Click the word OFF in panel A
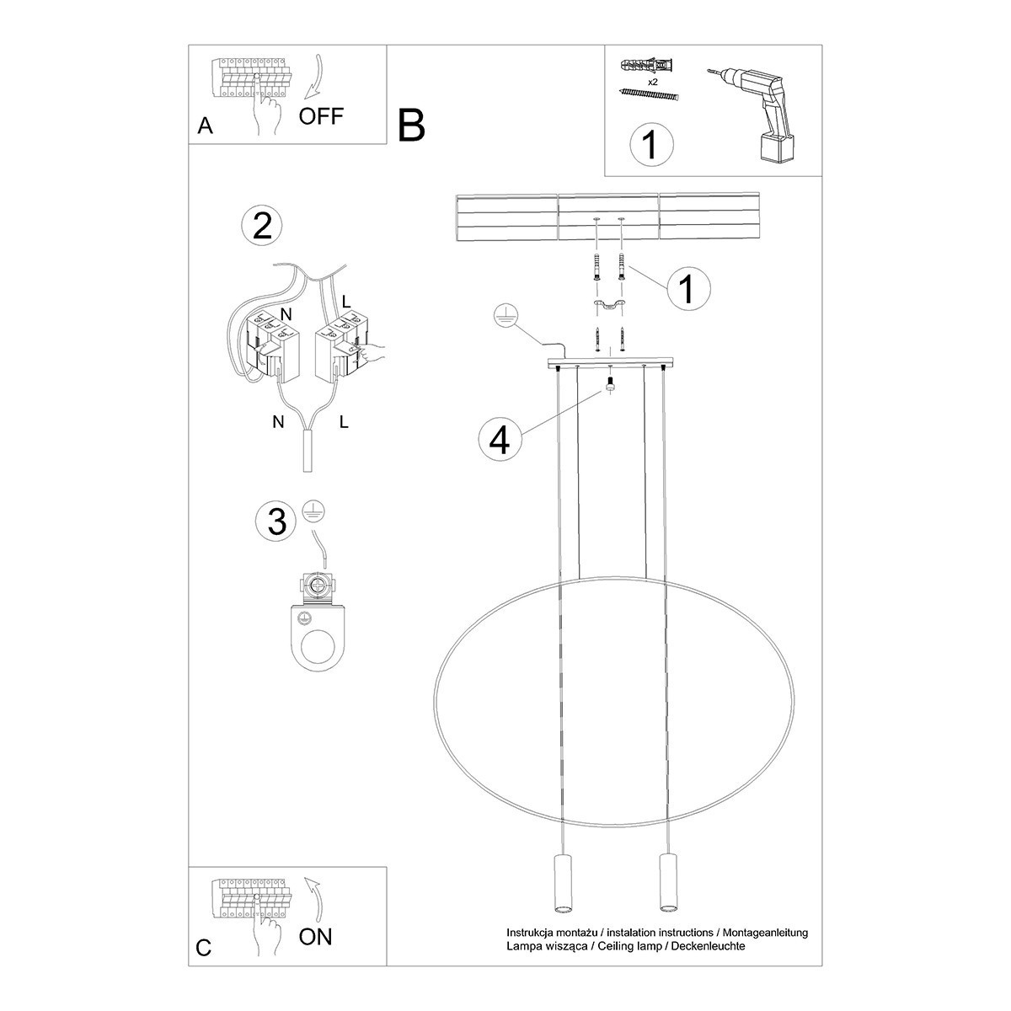[321, 115]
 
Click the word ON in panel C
[316, 936]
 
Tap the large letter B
[412, 126]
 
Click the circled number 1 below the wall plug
[651, 144]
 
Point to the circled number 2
[262, 226]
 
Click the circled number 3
[276, 522]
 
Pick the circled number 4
[500, 439]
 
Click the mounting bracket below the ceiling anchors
[608, 304]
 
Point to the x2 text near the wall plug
[652, 82]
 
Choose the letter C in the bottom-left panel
[204, 948]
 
